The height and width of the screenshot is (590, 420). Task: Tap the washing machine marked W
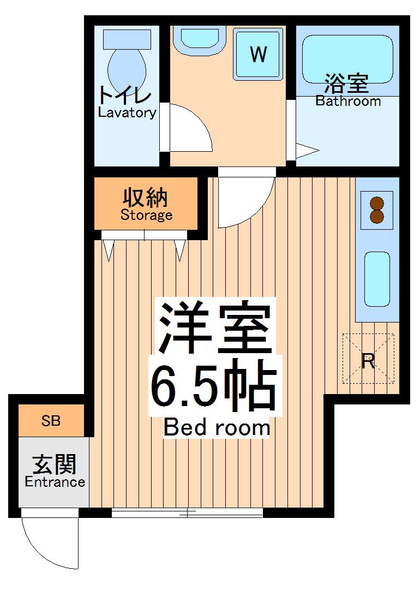pos(259,54)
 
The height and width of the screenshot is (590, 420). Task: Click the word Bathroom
pos(348,101)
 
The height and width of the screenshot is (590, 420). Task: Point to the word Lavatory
pos(127,113)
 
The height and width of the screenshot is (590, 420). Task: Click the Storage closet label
pos(146,214)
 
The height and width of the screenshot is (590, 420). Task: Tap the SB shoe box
pos(51,421)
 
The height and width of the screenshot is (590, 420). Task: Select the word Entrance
pos(55,482)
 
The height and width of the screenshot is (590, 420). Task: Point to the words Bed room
pos(217,428)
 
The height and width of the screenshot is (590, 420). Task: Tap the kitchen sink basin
pos(377,278)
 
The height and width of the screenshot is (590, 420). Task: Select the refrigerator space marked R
pos(368,360)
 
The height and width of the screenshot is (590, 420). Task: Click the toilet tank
pos(127,39)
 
